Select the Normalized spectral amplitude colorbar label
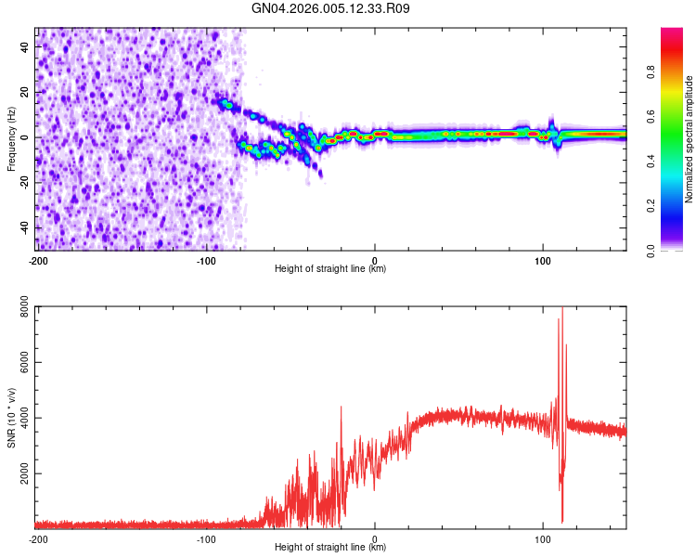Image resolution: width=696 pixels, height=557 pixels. click(690, 139)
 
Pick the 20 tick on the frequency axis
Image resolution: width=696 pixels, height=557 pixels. click(26, 92)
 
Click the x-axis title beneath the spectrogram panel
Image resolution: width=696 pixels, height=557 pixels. click(330, 269)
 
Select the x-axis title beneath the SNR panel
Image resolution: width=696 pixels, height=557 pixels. click(330, 547)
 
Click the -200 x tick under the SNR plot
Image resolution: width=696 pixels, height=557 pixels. click(38, 538)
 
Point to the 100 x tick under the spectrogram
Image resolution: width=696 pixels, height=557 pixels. click(543, 261)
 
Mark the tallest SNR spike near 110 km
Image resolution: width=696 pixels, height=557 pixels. click(562, 309)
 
